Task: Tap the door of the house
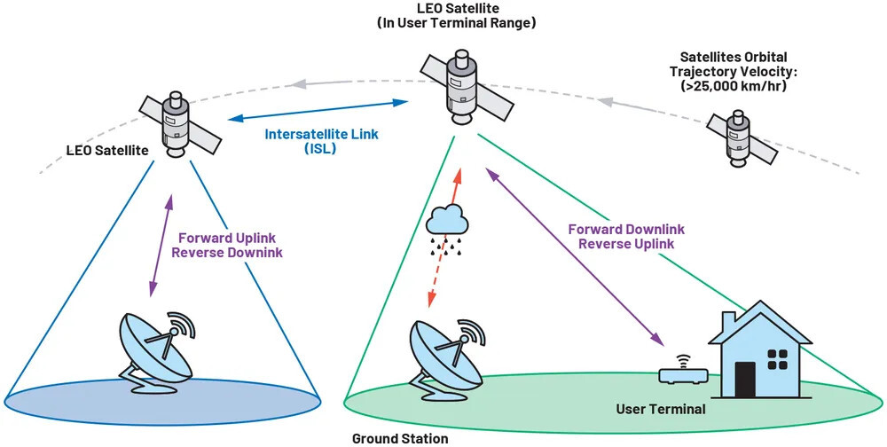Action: pyautogui.click(x=745, y=379)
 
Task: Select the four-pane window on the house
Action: pyautogui.click(x=777, y=358)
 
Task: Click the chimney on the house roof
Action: pyautogui.click(x=728, y=320)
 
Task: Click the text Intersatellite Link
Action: pyautogui.click(x=322, y=135)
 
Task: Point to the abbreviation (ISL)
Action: pyautogui.click(x=322, y=149)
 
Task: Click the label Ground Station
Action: pyautogui.click(x=400, y=438)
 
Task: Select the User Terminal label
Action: pyautogui.click(x=662, y=409)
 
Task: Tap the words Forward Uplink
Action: pyautogui.click(x=227, y=238)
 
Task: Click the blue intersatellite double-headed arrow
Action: pyautogui.click(x=318, y=111)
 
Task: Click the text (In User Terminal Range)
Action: pyautogui.click(x=456, y=24)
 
